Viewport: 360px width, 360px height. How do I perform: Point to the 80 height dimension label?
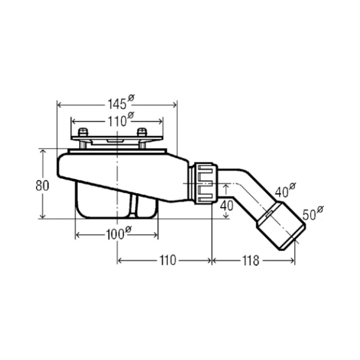click(42, 185)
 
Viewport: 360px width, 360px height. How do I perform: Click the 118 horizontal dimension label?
click(250, 261)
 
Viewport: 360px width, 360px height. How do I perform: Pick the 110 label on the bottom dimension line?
click(168, 260)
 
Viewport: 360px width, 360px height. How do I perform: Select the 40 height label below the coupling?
click(227, 205)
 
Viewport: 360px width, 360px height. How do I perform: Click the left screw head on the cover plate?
click(83, 132)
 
